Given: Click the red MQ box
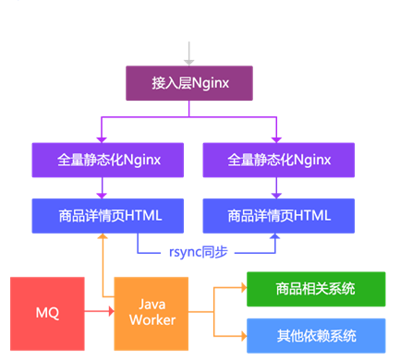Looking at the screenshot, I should (x=47, y=313).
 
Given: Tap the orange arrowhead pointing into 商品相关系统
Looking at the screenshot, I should (x=241, y=289).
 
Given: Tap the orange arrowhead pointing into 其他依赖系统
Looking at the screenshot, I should (x=241, y=335).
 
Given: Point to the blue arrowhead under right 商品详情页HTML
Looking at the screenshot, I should (x=273, y=238).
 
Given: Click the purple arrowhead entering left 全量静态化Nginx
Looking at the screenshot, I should (x=101, y=138).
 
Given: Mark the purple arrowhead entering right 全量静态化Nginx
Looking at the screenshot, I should (x=273, y=138).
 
